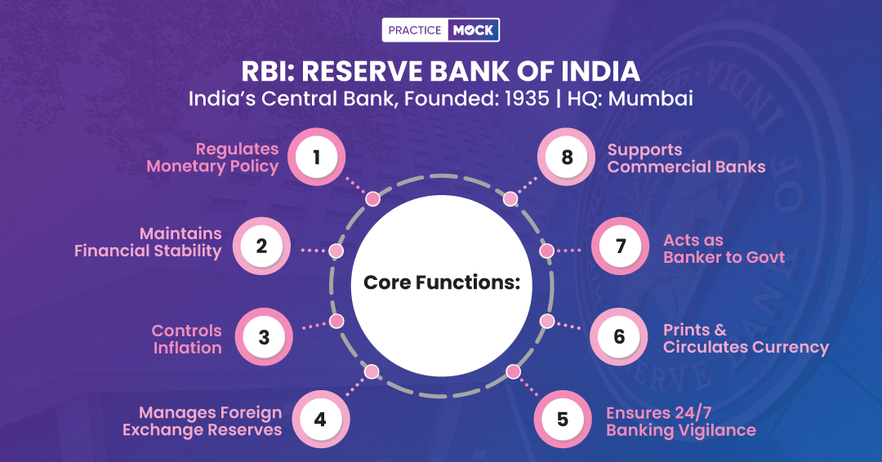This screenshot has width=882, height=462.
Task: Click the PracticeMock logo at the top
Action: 441,30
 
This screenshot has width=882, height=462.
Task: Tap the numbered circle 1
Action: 316,157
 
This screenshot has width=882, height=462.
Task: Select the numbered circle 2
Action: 261,245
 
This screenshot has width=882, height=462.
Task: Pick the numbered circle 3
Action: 264,336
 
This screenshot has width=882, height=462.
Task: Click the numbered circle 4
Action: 320,420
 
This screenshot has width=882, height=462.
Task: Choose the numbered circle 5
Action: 563,420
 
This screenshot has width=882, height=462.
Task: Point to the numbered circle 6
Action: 619,335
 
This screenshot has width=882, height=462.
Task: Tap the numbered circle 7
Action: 620,245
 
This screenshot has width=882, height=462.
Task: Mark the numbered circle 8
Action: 567,157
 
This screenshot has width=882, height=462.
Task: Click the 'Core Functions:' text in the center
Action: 442,282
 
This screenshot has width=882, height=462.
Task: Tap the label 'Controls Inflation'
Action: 186,339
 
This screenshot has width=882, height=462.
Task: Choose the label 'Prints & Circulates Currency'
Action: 746,339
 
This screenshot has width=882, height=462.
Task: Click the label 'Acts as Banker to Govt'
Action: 724,248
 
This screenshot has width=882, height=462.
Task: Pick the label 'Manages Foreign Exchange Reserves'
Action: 202,421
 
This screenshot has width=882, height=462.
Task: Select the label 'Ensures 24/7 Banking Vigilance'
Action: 680,421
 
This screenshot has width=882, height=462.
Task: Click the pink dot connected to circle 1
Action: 372,198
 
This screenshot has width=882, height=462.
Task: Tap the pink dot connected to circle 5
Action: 513,371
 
